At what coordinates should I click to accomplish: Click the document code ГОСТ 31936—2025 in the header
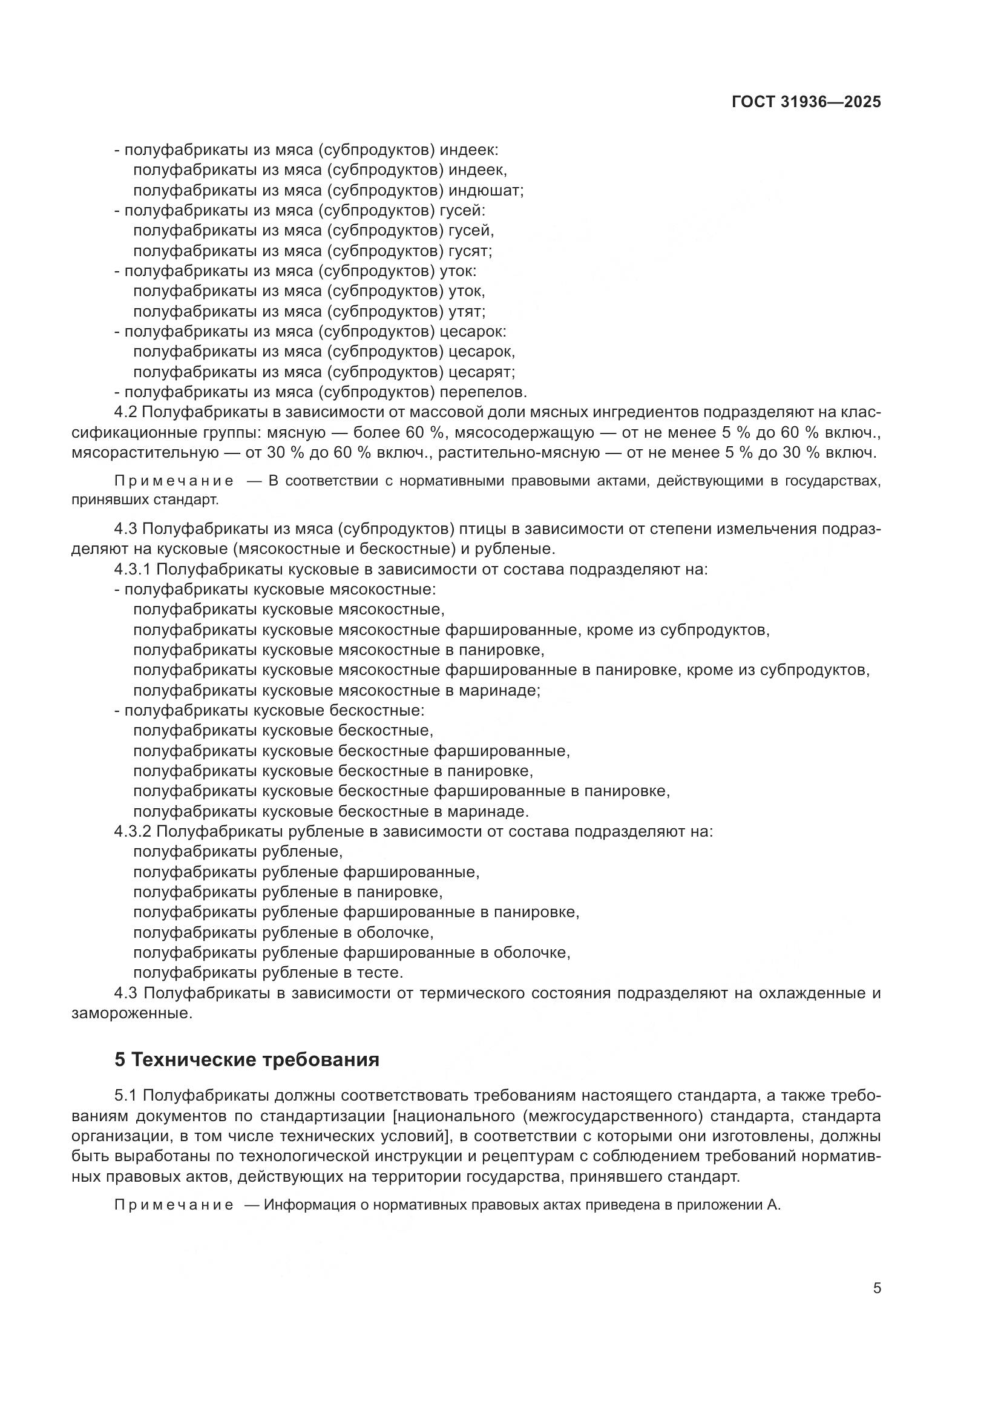(x=806, y=102)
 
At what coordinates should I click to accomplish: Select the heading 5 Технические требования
(x=246, y=1059)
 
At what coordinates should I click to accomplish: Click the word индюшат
(x=486, y=190)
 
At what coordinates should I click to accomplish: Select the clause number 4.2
(x=128, y=413)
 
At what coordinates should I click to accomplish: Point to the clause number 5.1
(x=128, y=1096)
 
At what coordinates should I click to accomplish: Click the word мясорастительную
(x=145, y=453)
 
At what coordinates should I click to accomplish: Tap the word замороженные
(x=132, y=1013)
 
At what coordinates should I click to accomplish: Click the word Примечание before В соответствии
(x=174, y=481)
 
